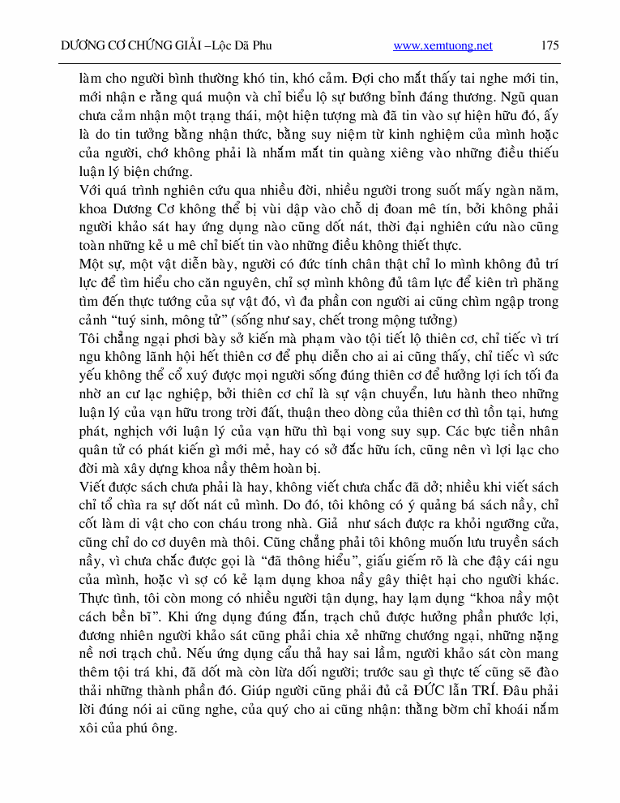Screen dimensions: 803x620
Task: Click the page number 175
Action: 549,46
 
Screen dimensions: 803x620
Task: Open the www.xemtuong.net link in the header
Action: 443,46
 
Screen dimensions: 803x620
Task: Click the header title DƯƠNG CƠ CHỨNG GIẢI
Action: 131,46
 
